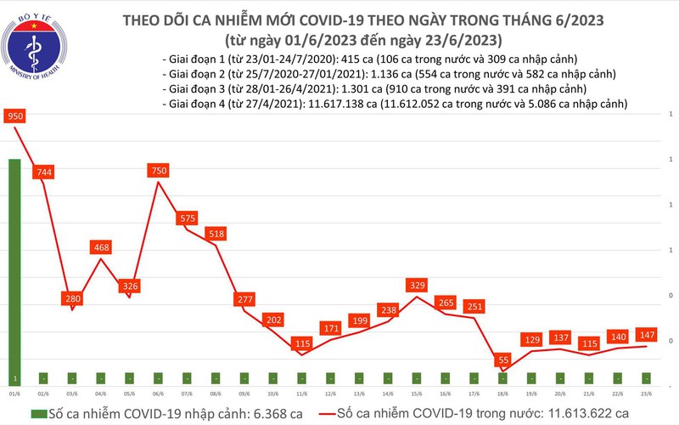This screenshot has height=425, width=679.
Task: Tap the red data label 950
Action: (x=14, y=116)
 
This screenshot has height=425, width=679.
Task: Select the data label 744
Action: (x=43, y=173)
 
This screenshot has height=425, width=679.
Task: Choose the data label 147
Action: (x=647, y=334)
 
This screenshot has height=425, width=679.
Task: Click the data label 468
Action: (x=101, y=247)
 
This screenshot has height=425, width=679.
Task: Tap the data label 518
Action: (x=216, y=233)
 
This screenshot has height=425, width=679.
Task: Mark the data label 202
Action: (x=274, y=320)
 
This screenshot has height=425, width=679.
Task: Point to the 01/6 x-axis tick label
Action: (x=14, y=394)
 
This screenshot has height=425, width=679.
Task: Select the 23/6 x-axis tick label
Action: (x=647, y=394)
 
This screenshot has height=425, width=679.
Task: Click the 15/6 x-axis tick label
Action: (x=417, y=394)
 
